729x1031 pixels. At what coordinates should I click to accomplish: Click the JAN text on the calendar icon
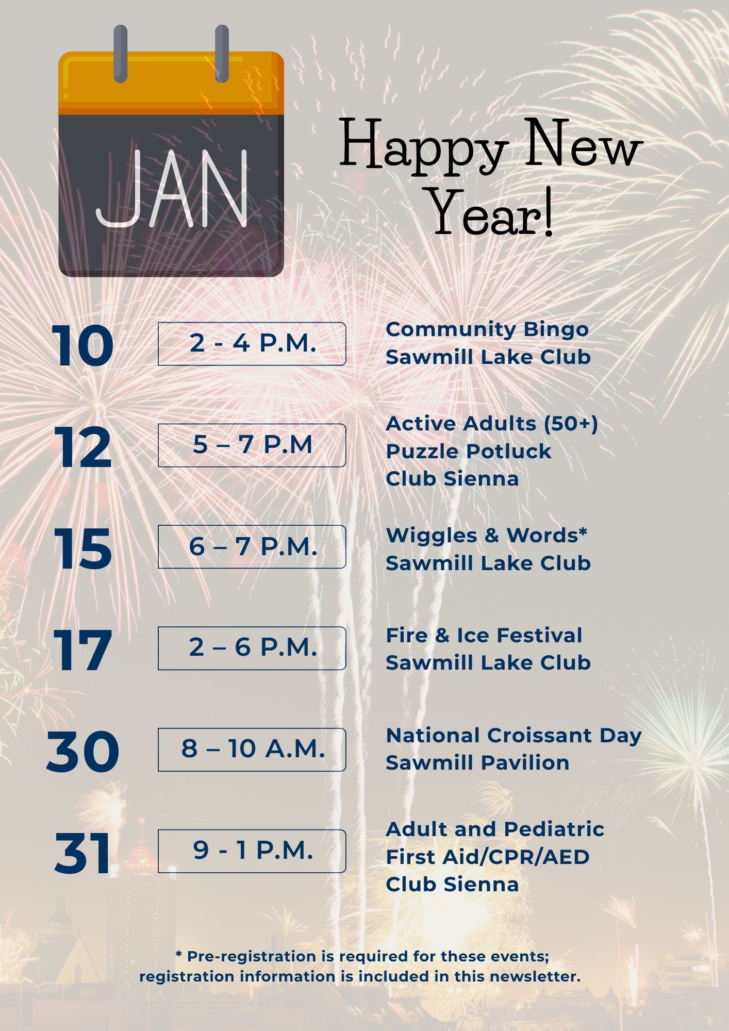172,189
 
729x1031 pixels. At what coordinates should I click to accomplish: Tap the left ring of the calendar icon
120,54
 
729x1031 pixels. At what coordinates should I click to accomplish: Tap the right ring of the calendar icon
222,54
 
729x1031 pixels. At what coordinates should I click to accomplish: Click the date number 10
82,345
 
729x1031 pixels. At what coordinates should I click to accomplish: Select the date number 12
82,447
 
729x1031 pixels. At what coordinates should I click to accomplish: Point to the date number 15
82,548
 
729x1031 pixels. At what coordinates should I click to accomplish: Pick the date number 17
82,650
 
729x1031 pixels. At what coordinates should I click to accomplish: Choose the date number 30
82,752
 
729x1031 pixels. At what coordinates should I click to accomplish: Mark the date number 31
82,853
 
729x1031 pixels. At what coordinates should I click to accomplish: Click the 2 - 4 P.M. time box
252,344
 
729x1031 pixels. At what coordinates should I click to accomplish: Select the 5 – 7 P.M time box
252,445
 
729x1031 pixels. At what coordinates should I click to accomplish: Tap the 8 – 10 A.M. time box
252,750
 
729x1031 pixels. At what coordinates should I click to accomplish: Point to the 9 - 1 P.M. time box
252,851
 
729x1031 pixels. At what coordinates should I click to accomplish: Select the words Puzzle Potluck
469,452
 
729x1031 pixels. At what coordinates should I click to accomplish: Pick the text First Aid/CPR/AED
488,857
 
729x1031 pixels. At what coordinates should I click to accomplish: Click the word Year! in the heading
491,212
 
